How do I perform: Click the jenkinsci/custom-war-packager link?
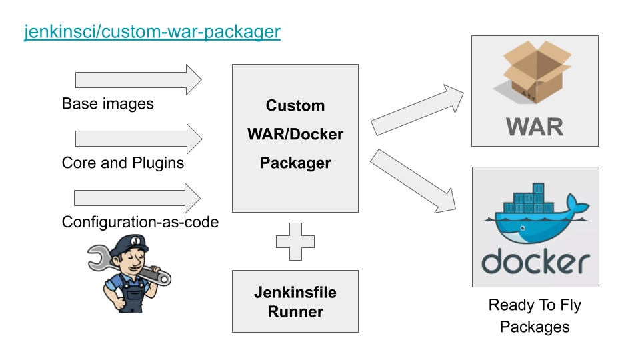152,31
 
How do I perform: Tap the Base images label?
107,104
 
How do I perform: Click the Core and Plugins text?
123,163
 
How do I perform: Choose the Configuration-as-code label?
140,222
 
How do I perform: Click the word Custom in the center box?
295,105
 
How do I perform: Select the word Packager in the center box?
295,163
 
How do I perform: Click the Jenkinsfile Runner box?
295,301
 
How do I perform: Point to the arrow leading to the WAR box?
417,109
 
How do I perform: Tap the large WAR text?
535,126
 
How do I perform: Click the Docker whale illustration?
533,217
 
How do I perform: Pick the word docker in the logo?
535,262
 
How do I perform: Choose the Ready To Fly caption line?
535,305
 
